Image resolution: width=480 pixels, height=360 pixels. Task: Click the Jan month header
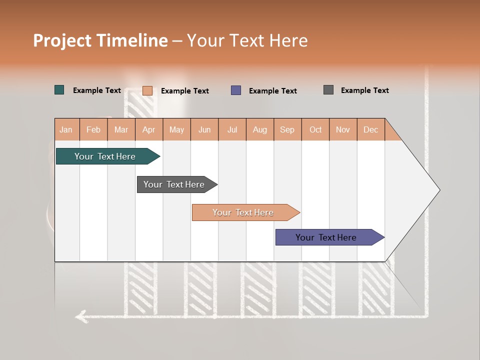pos(66,129)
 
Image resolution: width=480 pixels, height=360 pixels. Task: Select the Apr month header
pos(149,129)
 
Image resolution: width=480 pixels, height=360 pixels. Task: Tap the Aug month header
pos(260,129)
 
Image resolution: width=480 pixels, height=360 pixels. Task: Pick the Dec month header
pos(370,129)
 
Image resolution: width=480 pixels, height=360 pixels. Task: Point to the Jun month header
pos(204,129)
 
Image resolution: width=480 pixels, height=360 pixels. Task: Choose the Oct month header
pos(315,129)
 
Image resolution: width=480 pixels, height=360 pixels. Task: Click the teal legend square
pos(59,90)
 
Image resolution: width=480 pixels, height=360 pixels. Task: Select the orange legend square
pos(147,90)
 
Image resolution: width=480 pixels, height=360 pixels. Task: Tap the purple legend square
pos(236,90)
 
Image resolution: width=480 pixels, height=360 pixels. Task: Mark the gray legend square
pos(328,90)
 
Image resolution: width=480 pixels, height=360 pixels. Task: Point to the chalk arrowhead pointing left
pos(80,316)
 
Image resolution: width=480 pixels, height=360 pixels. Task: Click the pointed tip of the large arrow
pos(438,189)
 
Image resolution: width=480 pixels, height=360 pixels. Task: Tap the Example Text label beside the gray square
pos(364,90)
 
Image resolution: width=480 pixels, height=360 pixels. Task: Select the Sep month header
pos(287,129)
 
